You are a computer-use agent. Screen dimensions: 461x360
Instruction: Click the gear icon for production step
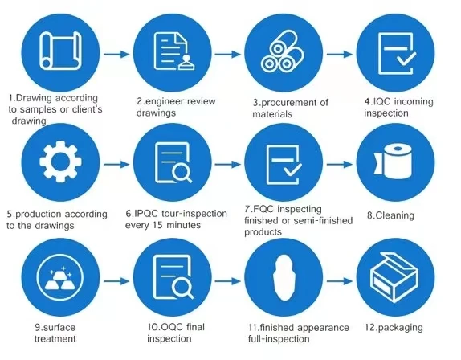60,161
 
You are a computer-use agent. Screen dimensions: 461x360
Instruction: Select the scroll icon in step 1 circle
60,51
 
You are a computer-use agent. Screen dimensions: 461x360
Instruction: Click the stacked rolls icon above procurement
283,52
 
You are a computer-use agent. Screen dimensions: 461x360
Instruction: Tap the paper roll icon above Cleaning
393,161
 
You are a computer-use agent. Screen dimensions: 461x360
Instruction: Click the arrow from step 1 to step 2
116,54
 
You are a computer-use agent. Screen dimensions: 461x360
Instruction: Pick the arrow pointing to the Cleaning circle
340,165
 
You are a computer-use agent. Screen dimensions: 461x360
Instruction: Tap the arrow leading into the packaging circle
340,281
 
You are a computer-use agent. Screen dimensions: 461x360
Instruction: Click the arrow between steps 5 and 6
116,165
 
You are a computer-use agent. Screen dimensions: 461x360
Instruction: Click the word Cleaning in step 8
395,215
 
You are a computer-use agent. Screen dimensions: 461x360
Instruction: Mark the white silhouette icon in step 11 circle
284,277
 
